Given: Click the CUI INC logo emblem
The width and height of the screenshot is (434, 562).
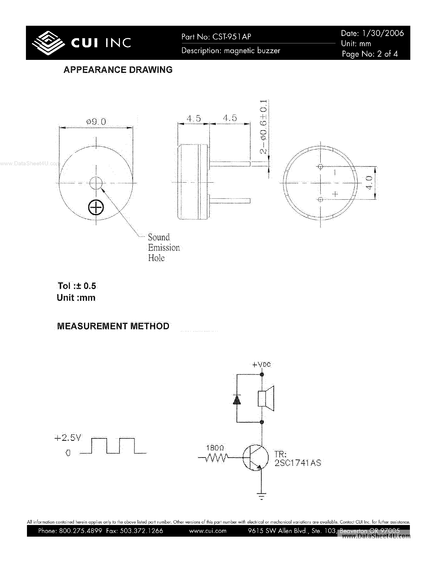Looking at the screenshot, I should [x=48, y=43].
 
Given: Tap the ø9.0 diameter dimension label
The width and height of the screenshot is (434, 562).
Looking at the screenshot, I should [x=96, y=121].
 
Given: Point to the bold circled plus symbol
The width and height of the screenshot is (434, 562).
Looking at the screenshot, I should [x=96, y=208].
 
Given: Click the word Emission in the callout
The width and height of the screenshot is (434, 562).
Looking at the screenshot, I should [x=164, y=247].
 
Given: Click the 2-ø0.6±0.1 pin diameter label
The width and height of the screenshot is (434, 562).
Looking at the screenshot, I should [x=263, y=127].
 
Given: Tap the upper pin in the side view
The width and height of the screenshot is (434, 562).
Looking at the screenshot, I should [x=230, y=164].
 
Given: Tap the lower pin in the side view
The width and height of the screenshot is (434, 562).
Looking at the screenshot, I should [x=230, y=200].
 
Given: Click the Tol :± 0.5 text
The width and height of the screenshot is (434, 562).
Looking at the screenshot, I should [x=77, y=286].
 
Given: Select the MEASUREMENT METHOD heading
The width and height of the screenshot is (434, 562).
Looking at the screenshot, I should [x=113, y=326].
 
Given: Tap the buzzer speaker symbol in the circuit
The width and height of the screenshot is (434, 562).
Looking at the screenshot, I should [x=266, y=399].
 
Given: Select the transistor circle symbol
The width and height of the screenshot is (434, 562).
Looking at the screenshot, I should [x=255, y=458].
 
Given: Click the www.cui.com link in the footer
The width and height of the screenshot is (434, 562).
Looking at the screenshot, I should [x=208, y=531].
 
